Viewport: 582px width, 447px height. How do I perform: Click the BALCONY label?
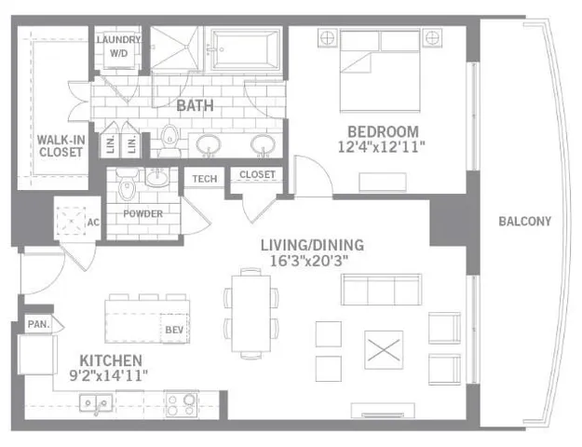pos(524,222)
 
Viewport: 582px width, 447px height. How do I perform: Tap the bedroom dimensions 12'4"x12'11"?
pos(383,147)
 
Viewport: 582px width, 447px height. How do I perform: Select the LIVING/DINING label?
pos(311,245)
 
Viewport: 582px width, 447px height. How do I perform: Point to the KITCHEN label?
pos(111,359)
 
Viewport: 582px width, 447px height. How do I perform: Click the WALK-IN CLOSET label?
pos(61,146)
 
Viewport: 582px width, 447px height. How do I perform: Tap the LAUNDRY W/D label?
pos(120,47)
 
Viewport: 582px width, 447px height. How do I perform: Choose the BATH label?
pos(196,106)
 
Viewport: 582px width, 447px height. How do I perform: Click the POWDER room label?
pos(142,214)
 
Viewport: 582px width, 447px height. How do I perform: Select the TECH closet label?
pos(205,178)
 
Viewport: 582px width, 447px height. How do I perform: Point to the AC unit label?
pos(93,223)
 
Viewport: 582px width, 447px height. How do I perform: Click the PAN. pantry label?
pos(37,324)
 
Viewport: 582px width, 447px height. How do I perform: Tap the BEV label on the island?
pos(173,329)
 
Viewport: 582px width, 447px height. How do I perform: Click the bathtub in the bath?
pos(244,48)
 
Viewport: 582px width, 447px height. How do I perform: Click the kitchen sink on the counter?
pos(96,403)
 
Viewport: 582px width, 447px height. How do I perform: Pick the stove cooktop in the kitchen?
pos(182,403)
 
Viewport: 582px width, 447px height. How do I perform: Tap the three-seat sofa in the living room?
pos(380,291)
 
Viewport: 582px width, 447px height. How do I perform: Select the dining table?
pos(250,313)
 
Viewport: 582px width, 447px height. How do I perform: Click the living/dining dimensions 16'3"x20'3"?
pos(311,262)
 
